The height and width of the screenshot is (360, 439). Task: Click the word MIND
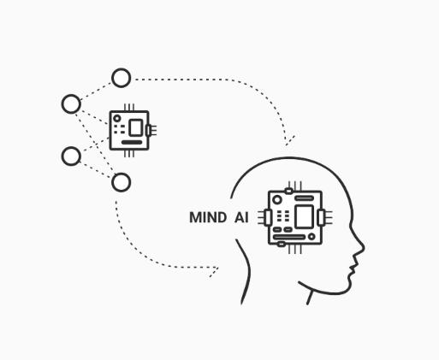(x=208, y=217)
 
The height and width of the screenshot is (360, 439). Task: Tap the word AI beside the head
(x=241, y=217)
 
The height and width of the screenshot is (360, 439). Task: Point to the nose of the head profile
(x=361, y=247)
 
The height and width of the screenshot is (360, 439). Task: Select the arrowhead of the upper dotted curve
(x=289, y=140)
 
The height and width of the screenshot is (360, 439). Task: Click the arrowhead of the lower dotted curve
(x=214, y=272)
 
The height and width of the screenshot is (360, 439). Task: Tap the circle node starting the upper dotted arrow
(x=122, y=78)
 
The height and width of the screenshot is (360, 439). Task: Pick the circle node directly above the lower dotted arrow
(x=122, y=182)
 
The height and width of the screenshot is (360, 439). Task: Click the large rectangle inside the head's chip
(x=304, y=216)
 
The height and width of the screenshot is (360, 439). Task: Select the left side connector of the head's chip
(x=268, y=218)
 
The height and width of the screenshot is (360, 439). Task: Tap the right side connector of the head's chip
(x=321, y=217)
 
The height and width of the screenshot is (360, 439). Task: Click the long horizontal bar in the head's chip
(x=289, y=237)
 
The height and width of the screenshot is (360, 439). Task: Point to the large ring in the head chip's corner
(x=276, y=200)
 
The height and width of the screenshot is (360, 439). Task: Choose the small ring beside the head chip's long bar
(x=311, y=237)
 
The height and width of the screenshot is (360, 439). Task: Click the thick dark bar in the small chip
(x=132, y=142)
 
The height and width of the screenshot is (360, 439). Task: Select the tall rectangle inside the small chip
(x=136, y=127)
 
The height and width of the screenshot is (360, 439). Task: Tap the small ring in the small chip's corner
(x=117, y=118)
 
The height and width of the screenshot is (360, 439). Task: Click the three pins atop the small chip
(x=129, y=108)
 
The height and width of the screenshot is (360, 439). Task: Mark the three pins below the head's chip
(x=295, y=249)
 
